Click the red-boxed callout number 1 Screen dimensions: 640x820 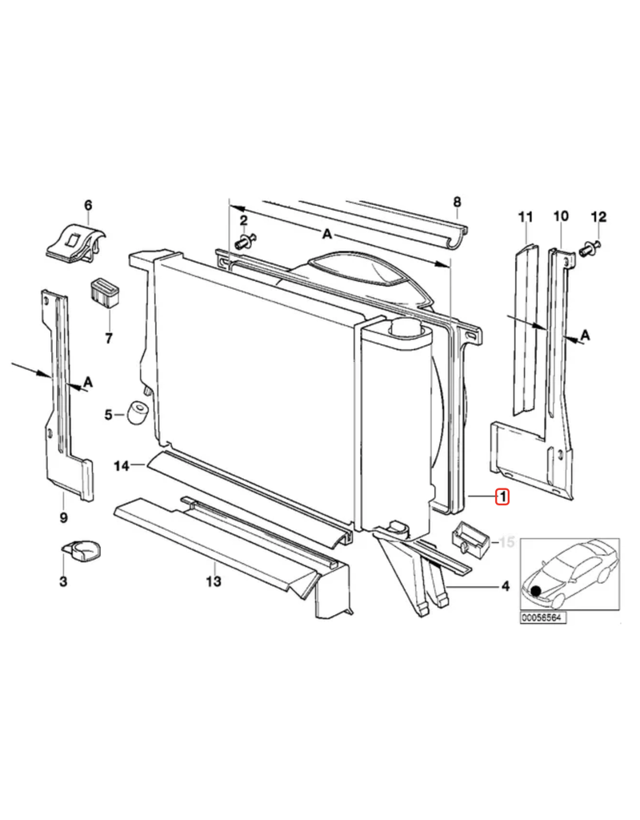pyautogui.click(x=502, y=496)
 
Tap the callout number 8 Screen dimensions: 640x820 pyautogui.click(x=457, y=201)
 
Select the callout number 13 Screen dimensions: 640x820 pyautogui.click(x=214, y=581)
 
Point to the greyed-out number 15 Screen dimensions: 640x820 pyautogui.click(x=507, y=542)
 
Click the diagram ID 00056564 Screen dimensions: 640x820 pyautogui.click(x=543, y=618)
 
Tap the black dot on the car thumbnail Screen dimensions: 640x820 pyautogui.click(x=535, y=591)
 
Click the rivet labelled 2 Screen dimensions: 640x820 pyautogui.click(x=246, y=242)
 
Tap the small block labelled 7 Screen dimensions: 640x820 pyautogui.click(x=105, y=293)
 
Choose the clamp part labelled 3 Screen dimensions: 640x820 pyautogui.click(x=82, y=551)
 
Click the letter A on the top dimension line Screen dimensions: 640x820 pyautogui.click(x=326, y=234)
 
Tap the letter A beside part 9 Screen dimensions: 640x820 pyautogui.click(x=88, y=382)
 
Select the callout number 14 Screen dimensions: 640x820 pyautogui.click(x=122, y=465)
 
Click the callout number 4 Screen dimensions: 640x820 pyautogui.click(x=506, y=587)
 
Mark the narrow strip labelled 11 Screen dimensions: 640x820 pyautogui.click(x=524, y=328)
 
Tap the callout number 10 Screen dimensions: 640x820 pyautogui.click(x=560, y=215)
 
